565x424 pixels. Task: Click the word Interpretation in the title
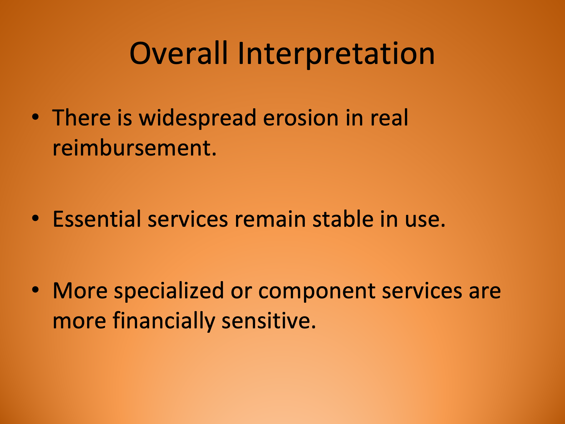[336, 54]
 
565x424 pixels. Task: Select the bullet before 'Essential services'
[35, 218]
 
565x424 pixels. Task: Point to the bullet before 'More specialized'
[35, 290]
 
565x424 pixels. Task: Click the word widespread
[197, 118]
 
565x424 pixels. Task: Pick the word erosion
[300, 118]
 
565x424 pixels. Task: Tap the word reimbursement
[134, 148]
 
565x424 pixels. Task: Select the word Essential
[97, 219]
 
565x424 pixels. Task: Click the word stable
[343, 219]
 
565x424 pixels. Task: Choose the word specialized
[169, 291]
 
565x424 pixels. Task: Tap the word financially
[164, 321]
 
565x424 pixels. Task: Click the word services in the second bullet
[188, 219]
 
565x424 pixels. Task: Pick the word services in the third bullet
[422, 291]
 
